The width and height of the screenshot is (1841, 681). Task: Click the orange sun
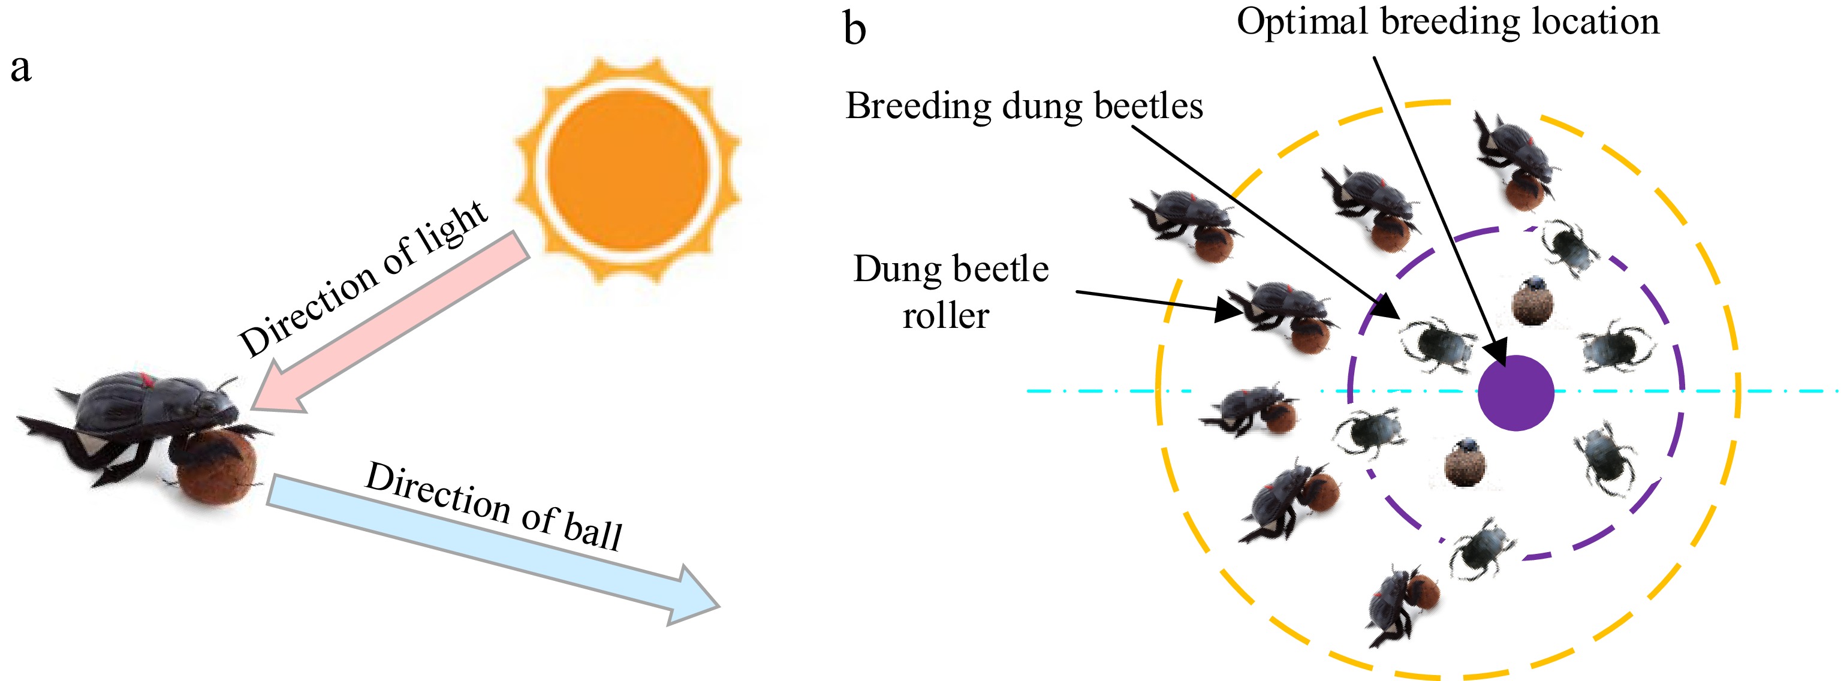click(x=628, y=170)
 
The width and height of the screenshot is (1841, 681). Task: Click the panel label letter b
click(x=855, y=30)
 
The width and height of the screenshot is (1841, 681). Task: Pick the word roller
click(x=945, y=317)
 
